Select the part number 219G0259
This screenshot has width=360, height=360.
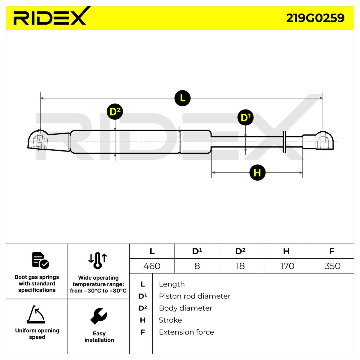coord(315,18)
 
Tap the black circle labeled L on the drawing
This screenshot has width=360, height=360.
coord(182,98)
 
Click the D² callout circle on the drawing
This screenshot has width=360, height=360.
coord(115,112)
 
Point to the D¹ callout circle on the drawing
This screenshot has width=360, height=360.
coord(245,118)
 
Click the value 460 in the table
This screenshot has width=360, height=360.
coord(152,266)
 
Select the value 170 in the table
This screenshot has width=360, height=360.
coord(286,266)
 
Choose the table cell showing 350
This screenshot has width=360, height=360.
coord(332,266)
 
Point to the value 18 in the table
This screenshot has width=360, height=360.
coord(240,266)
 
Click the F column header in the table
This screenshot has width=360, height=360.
coord(331,251)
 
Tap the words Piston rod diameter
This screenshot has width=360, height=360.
coord(194,296)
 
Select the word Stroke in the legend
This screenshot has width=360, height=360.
coord(170,320)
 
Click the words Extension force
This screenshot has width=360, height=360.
coord(186,332)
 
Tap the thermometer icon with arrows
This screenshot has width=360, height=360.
coord(98,260)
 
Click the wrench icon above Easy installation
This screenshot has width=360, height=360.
coord(98,316)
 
